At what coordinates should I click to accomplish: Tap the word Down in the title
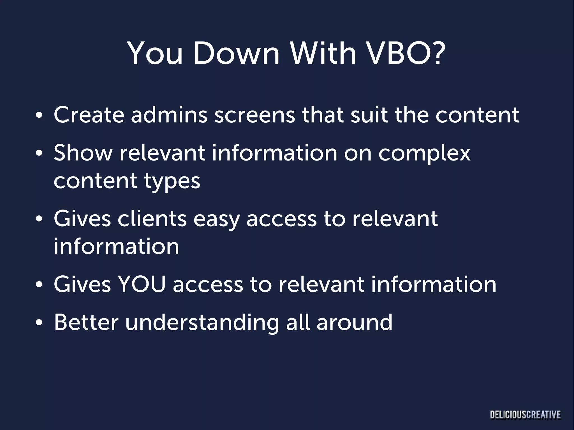(x=236, y=53)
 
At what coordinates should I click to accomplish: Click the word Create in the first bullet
(x=89, y=115)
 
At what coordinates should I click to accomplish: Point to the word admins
(x=169, y=115)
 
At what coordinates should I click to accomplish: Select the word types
(x=172, y=182)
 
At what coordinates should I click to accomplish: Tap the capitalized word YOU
(x=142, y=284)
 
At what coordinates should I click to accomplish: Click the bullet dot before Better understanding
(x=39, y=323)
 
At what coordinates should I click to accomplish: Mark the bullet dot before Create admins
(x=39, y=115)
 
